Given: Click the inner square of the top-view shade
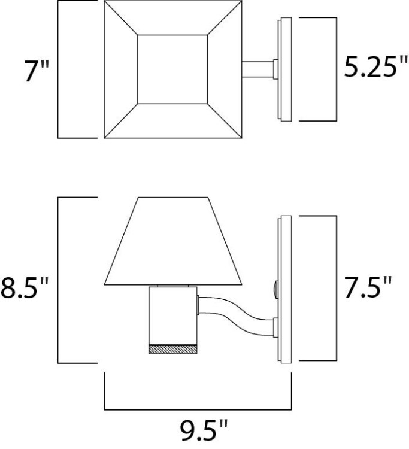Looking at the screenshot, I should click(172, 69).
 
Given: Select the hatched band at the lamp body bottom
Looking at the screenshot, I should click(172, 349).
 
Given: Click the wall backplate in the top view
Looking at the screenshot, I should click(285, 70).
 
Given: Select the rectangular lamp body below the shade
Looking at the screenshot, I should click(172, 314).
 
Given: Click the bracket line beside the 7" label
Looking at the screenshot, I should click(58, 69).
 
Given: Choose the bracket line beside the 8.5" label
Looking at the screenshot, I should click(58, 280).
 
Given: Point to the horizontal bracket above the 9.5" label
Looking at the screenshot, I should click(198, 410).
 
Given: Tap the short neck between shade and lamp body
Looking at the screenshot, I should click(172, 286).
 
